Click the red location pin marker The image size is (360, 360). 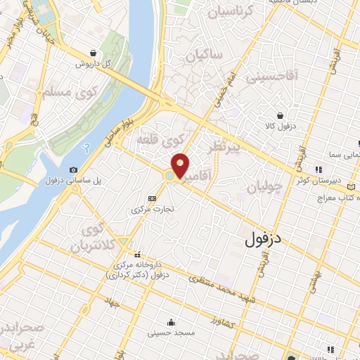coord(180,165)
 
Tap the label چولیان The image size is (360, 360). coord(265,187)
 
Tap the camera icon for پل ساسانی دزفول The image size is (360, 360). coord(74,169)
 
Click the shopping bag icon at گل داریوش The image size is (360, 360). coord(94,52)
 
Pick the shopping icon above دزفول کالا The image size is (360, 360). coord(281,115)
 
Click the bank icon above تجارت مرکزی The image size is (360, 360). coord(152,198)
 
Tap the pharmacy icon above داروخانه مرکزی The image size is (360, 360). coord(137,255)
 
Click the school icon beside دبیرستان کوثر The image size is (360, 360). coord(318,169)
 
